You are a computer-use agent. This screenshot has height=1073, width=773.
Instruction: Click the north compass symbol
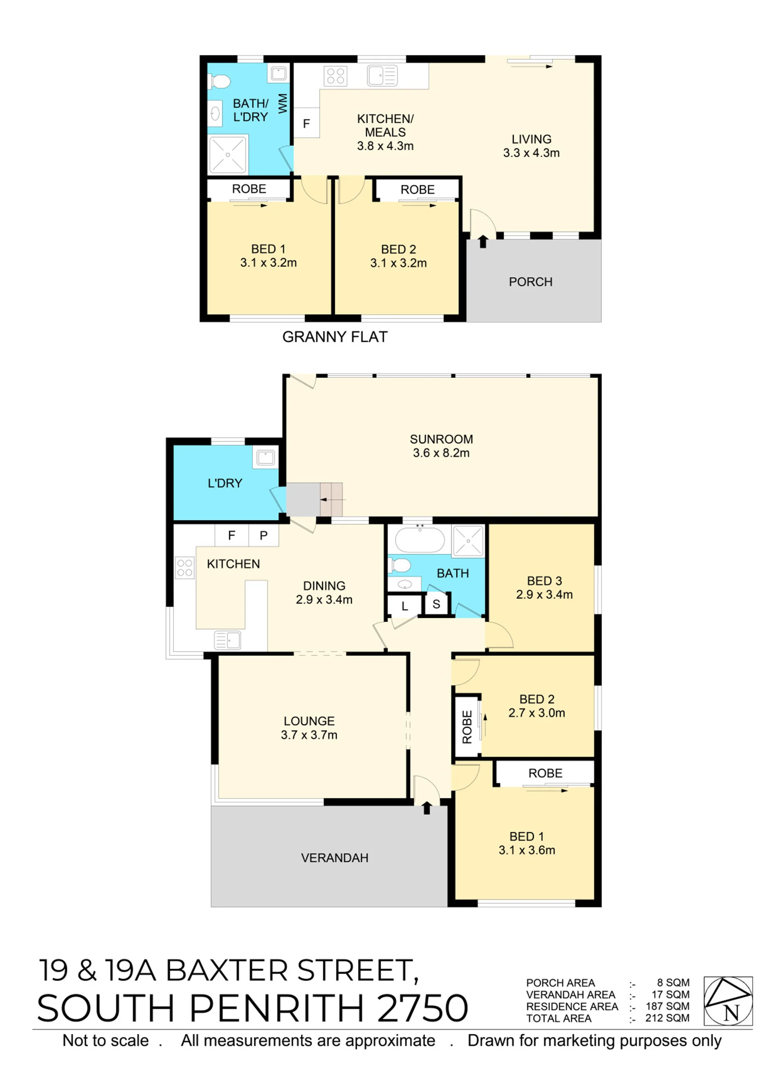pyautogui.click(x=728, y=1000)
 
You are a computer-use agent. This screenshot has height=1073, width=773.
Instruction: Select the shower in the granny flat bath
pyautogui.click(x=228, y=155)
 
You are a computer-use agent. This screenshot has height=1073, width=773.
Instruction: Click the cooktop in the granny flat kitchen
pyautogui.click(x=335, y=76)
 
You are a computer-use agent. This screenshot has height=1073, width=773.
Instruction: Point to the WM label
pyautogui.click(x=283, y=103)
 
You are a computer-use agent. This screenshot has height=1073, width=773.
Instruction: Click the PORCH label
pyautogui.click(x=531, y=282)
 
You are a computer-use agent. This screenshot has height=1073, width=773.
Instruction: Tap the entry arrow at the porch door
pyautogui.click(x=482, y=241)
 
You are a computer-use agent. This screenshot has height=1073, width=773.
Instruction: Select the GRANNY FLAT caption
pyautogui.click(x=335, y=337)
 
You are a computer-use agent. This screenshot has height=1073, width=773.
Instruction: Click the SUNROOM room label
pyautogui.click(x=441, y=439)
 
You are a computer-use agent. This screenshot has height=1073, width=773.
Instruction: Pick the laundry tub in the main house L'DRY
pyautogui.click(x=265, y=458)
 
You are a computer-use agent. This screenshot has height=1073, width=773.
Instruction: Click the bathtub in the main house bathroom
pyautogui.click(x=420, y=540)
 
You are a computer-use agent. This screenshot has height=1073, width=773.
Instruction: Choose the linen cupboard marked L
pyautogui.click(x=404, y=606)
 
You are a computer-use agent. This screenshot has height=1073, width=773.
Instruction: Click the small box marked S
pyautogui.click(x=436, y=604)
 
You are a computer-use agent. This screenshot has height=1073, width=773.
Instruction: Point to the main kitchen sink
pyautogui.click(x=227, y=640)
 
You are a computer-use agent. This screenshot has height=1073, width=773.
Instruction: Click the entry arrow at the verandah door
pyautogui.click(x=426, y=808)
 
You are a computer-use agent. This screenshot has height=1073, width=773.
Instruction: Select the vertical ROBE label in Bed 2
pyautogui.click(x=467, y=727)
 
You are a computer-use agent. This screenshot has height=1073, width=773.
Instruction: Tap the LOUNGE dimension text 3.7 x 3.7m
pyautogui.click(x=309, y=735)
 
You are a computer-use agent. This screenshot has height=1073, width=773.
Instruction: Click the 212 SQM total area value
pyautogui.click(x=667, y=1018)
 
